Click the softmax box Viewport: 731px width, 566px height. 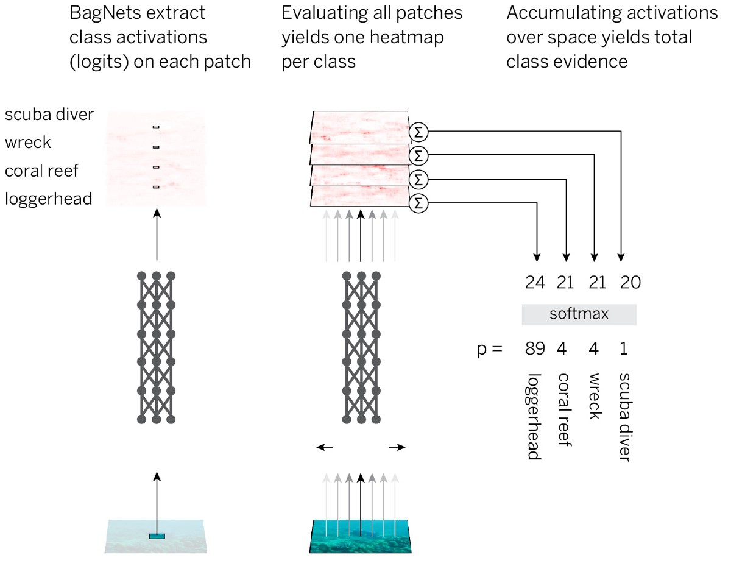[579, 314]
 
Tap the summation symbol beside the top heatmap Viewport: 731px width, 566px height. [418, 132]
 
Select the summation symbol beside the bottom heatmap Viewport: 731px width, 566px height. [418, 203]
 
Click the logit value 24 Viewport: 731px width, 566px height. [535, 282]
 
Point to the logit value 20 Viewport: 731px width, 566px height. [630, 282]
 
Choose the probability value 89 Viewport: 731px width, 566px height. [535, 348]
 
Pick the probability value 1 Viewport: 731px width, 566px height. [624, 348]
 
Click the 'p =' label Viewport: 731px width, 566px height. [489, 350]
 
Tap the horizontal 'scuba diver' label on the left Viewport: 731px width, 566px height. [49, 115]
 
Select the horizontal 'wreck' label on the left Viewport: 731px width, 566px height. [27, 143]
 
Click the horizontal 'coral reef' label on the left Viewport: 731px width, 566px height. [41, 171]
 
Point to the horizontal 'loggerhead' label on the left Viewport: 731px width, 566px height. [49, 199]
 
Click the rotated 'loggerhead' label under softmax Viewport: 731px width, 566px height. [534, 416]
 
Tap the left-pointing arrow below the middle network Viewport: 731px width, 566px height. [325, 447]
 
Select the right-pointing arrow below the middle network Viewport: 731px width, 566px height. [397, 447]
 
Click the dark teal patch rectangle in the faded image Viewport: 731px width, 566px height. [157, 536]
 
